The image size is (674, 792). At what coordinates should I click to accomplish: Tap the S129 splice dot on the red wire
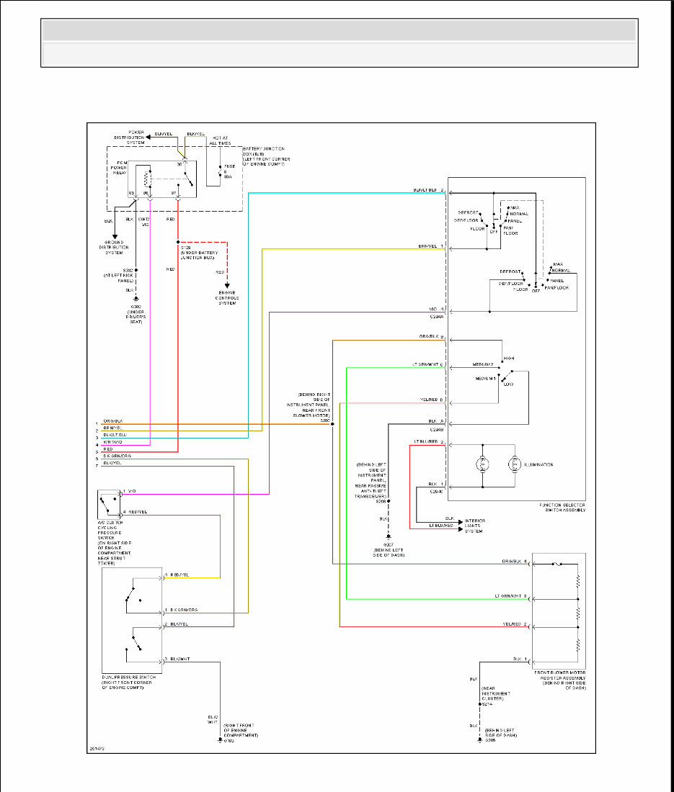coord(178,242)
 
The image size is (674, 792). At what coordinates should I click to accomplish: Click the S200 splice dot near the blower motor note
coord(332,425)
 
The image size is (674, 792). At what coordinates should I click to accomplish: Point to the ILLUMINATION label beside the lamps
coord(538,465)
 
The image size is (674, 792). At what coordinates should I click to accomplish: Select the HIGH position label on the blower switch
coord(509,358)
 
